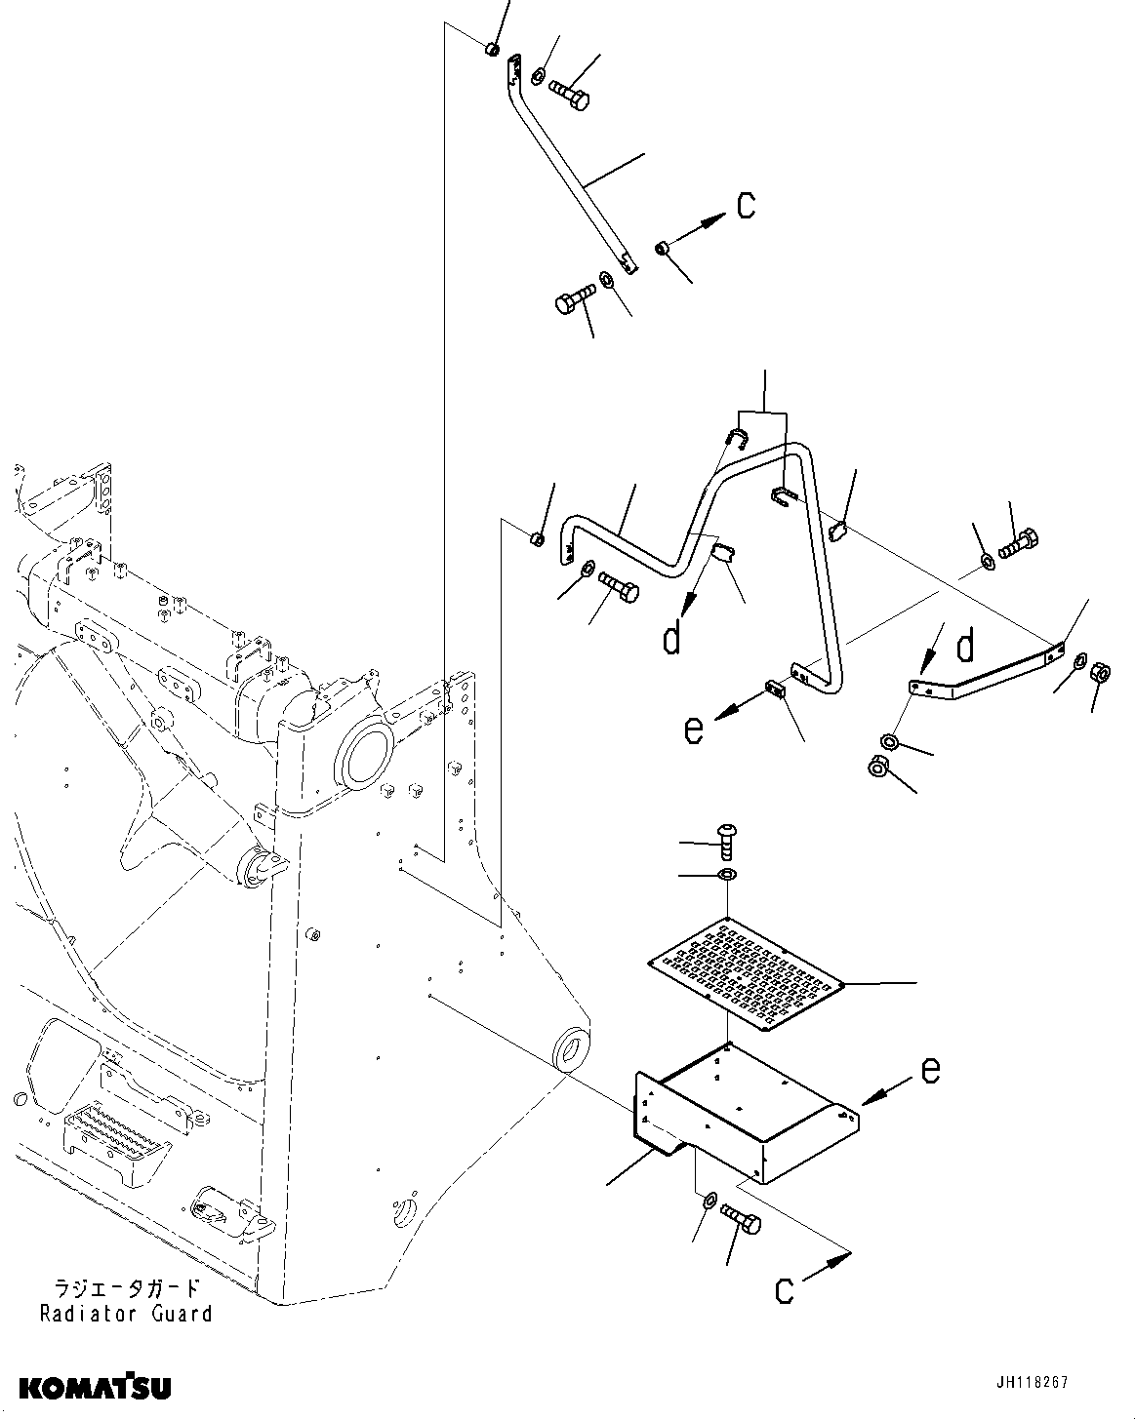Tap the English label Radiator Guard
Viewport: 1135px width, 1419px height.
(126, 1313)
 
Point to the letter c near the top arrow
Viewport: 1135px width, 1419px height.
(746, 206)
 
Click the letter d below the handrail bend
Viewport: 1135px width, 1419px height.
(671, 639)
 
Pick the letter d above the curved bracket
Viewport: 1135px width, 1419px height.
(965, 646)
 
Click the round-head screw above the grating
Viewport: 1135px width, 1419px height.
(728, 836)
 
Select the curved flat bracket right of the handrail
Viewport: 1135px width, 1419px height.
(986, 676)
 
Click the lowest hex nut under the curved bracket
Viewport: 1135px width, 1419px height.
(876, 768)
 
